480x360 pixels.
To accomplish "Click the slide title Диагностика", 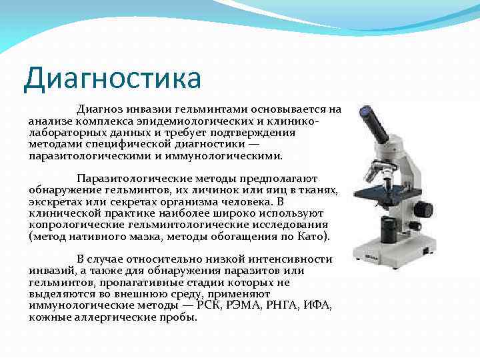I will tap(111, 78).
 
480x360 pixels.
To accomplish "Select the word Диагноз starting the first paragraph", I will tap(99, 109).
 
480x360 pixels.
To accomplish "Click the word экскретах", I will tap(55, 202).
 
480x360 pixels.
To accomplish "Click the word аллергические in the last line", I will tap(116, 318).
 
